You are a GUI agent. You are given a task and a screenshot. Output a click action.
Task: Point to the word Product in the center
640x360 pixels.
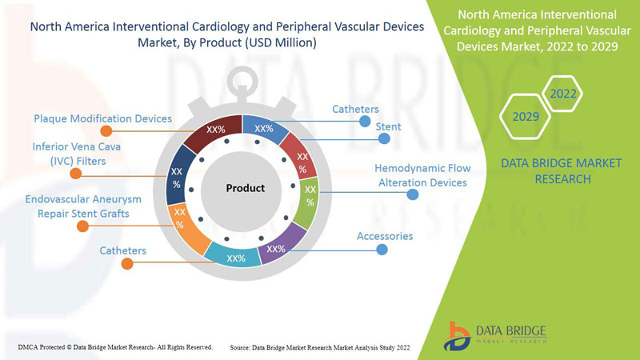[245, 188]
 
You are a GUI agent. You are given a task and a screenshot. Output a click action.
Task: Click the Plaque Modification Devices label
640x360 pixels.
[102, 118]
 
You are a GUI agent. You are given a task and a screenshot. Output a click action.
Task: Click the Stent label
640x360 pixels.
[389, 126]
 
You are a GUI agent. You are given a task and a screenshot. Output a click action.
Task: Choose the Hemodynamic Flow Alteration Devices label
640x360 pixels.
[422, 175]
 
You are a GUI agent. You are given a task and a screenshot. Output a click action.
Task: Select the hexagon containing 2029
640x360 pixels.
[526, 118]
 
